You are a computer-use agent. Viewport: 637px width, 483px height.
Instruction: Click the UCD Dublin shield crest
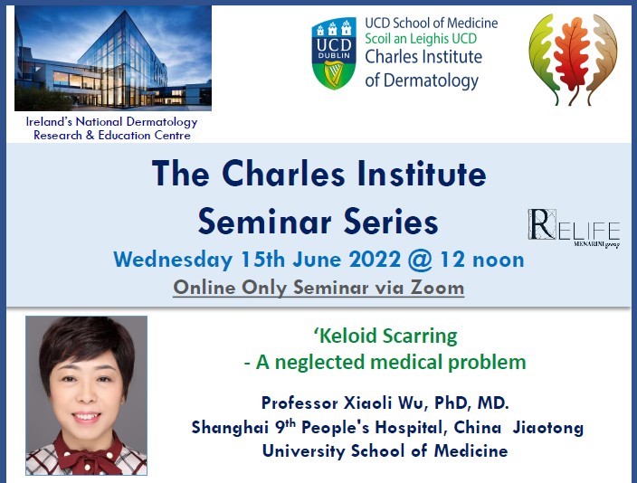tap(333, 53)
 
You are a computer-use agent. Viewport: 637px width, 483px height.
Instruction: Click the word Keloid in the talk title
tap(353, 336)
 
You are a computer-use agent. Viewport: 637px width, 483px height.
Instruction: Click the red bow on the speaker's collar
tap(86, 451)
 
